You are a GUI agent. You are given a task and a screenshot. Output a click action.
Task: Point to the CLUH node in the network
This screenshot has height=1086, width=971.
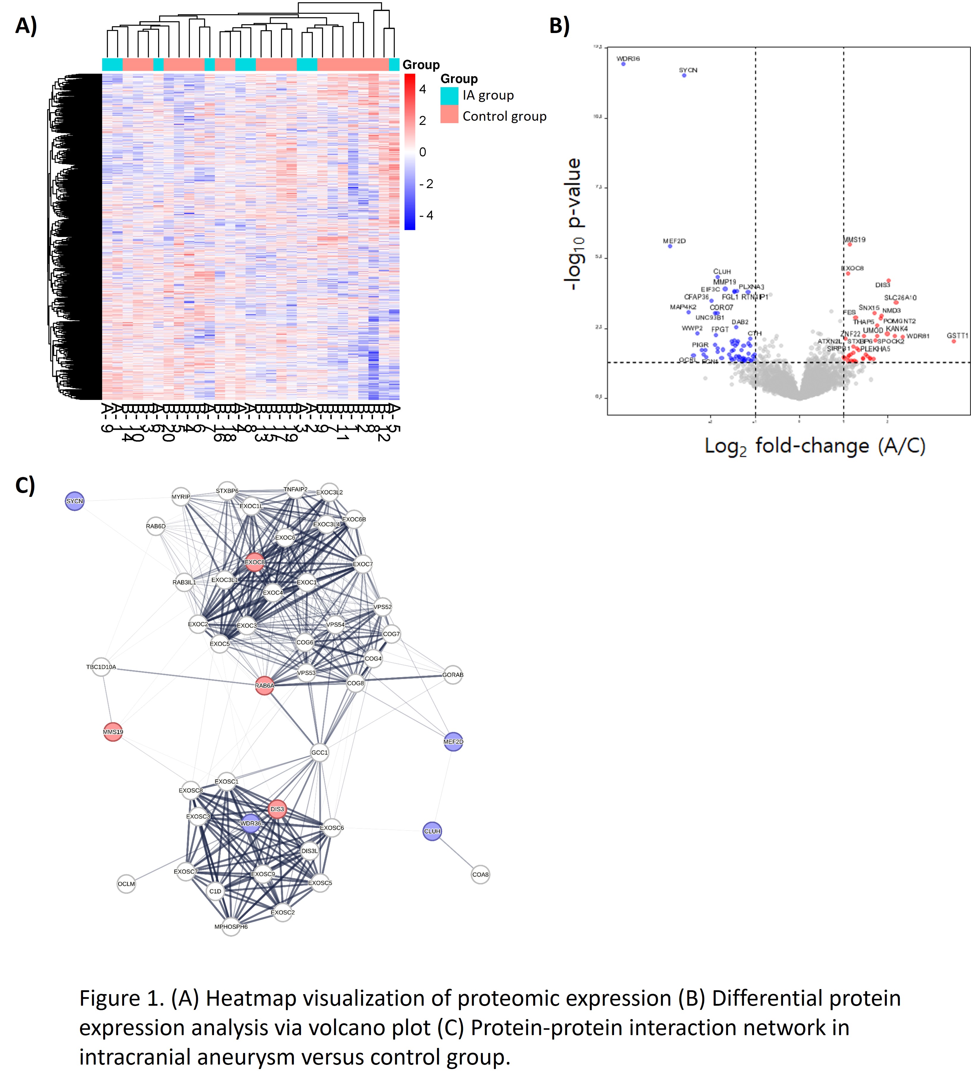432,831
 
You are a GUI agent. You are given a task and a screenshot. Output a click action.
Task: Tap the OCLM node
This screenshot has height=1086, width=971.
126,884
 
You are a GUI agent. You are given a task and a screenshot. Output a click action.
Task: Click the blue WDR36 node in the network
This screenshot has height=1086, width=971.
251,823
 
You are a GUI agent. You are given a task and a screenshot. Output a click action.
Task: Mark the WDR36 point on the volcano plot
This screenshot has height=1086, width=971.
623,64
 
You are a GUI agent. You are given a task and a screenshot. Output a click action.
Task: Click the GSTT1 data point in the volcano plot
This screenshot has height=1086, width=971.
953,341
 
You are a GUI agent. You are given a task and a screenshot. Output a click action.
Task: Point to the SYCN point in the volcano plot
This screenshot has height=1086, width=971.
684,75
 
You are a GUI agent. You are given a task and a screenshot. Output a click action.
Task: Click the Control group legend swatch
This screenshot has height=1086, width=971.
449,115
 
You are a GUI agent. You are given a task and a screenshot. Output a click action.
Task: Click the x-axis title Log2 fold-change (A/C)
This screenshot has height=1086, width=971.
815,446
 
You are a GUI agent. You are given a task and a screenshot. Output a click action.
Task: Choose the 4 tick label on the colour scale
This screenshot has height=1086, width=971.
422,89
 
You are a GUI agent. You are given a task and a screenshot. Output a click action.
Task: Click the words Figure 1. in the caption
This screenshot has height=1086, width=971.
122,998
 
